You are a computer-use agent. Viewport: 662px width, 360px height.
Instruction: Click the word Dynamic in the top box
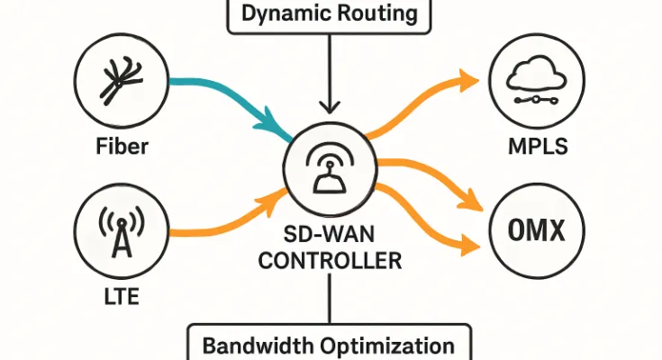coord(282,13)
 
